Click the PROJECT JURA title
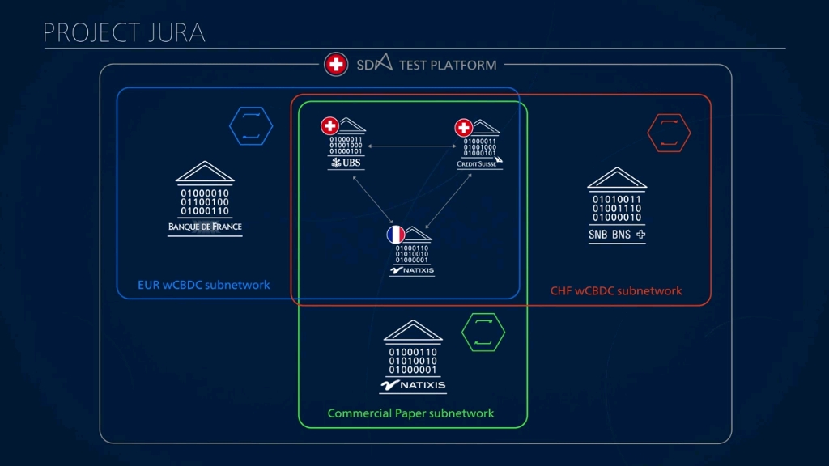[124, 32]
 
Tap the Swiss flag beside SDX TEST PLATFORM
[336, 64]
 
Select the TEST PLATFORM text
[448, 65]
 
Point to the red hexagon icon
[669, 133]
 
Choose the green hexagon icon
[483, 332]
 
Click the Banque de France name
[205, 227]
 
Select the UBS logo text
[346, 163]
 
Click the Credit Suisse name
[478, 163]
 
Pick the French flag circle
[395, 235]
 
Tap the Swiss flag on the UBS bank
[329, 126]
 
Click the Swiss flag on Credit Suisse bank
[463, 128]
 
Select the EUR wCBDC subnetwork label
[204, 285]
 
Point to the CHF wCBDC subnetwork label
[616, 290]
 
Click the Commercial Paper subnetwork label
[410, 413]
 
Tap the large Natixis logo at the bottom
[413, 386]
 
